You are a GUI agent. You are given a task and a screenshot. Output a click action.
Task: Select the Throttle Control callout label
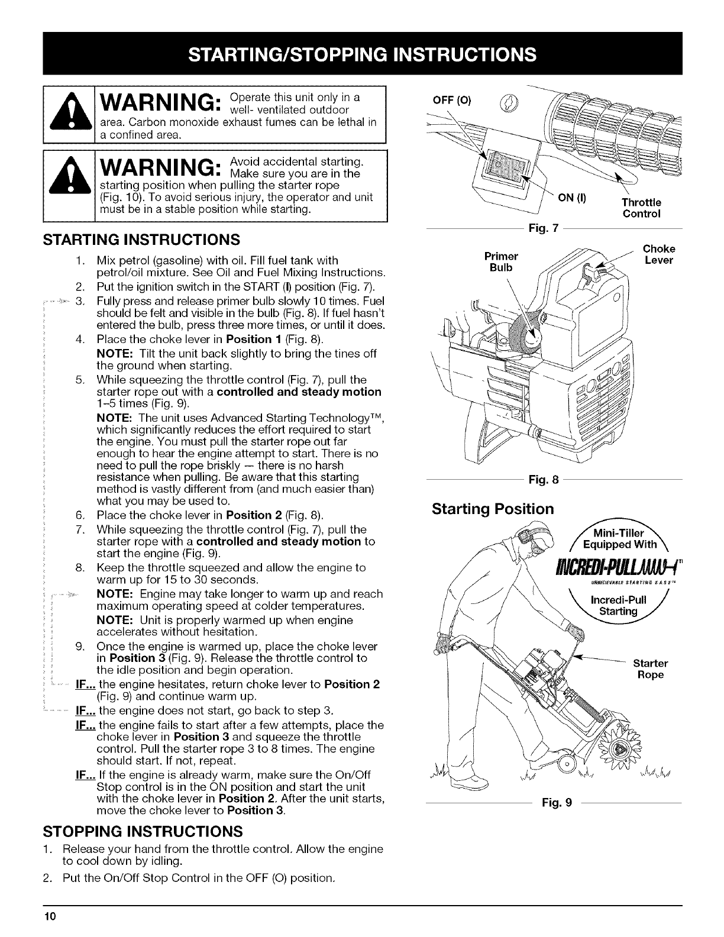coord(641,208)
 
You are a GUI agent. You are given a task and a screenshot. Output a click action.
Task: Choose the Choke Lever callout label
coord(658,254)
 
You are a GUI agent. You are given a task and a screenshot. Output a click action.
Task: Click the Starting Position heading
coord(493,509)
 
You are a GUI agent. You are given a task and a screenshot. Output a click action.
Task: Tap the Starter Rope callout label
coord(650,668)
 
